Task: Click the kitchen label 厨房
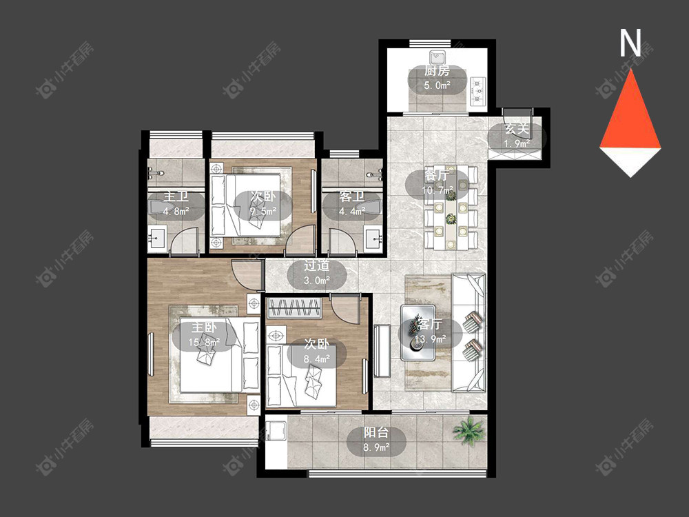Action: (437, 71)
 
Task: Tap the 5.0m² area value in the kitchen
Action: (438, 85)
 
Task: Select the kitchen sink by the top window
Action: (438, 57)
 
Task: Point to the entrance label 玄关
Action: (517, 130)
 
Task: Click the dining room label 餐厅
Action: (437, 175)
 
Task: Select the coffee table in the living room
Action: (418, 333)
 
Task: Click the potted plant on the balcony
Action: (469, 430)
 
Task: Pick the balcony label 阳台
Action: (377, 433)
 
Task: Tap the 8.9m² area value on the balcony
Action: (377, 447)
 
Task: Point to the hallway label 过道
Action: (317, 265)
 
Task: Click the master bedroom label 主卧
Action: (204, 327)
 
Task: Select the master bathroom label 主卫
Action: (176, 196)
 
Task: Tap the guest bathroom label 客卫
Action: (351, 196)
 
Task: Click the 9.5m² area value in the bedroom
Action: (263, 211)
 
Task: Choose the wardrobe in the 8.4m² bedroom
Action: (294, 307)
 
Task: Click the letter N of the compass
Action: (630, 43)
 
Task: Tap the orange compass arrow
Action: (630, 110)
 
